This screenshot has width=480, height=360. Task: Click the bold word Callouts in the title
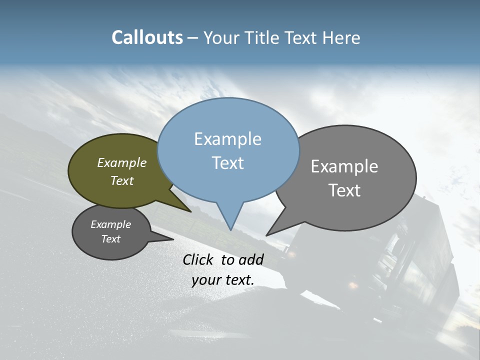(x=147, y=37)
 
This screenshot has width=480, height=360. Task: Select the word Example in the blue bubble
(x=227, y=139)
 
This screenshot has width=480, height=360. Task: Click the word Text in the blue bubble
(x=227, y=162)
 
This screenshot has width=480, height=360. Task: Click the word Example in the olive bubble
(x=122, y=162)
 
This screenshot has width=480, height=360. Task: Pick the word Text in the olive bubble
(x=122, y=180)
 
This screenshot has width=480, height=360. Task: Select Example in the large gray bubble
(x=344, y=166)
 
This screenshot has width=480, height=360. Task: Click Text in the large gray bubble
(x=344, y=190)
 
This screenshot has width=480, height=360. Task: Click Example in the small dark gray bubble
(x=111, y=224)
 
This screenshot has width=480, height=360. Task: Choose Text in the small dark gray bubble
(x=111, y=239)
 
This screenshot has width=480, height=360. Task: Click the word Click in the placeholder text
(x=199, y=259)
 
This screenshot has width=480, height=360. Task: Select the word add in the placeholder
(x=251, y=259)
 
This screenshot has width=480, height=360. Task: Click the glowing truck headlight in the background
(x=353, y=285)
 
